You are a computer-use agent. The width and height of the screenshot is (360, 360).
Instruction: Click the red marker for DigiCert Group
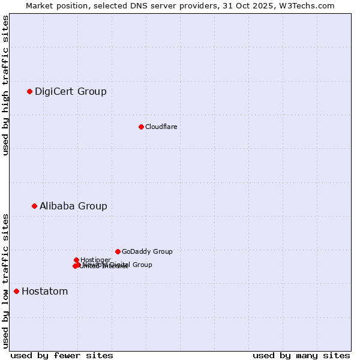pos(29,91)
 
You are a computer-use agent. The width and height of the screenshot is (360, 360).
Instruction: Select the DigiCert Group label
pos(71,92)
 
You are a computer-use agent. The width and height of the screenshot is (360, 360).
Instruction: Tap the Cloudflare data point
pos(141,127)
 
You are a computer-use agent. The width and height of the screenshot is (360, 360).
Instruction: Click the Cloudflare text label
pos(161,127)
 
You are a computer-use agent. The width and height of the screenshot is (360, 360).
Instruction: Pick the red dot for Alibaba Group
pos(34,206)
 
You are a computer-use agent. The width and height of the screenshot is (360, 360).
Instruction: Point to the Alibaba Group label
pos(73,206)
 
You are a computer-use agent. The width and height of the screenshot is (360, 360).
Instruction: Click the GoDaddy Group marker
pos(118,251)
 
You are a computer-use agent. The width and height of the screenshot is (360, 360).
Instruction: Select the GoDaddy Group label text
pos(147,252)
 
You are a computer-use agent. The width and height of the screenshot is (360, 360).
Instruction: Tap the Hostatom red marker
pos(16,291)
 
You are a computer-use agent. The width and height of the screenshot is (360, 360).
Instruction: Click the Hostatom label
pos(44,292)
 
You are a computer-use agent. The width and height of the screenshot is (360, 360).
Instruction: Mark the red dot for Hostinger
pos(77,260)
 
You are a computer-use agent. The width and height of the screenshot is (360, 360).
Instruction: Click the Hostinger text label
pos(95,260)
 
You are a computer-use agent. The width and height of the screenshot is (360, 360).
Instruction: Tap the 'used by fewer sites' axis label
pos(62,355)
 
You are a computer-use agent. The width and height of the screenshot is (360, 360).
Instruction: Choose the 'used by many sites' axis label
pos(301,355)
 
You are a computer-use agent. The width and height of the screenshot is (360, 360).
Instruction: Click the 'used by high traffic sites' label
pos(5,86)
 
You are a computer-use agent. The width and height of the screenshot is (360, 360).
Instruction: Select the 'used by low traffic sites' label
pos(5,281)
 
